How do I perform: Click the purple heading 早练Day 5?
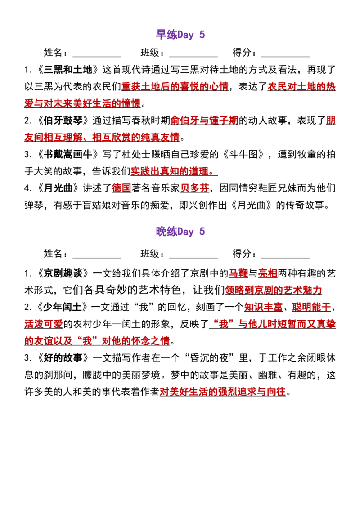[x=180, y=35]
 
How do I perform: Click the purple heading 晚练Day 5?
[x=180, y=232]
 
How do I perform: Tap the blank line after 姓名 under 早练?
[x=97, y=57]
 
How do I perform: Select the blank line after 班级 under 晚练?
[x=193, y=258]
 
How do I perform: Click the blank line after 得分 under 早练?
[x=286, y=57]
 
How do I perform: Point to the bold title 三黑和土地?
[x=68, y=69]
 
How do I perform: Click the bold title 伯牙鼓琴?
[x=63, y=121]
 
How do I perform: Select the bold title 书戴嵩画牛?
[x=68, y=154]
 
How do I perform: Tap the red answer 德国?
[x=121, y=188]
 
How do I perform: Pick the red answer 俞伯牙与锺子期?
[x=204, y=121]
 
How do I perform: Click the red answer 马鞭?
[x=238, y=273]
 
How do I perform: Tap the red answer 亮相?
[x=268, y=273]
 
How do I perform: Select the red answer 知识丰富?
[x=263, y=307]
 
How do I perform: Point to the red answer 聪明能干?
[x=311, y=307]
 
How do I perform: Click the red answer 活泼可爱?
[x=44, y=324]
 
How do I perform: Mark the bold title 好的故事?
[x=63, y=358]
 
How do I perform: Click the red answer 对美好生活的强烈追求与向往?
[x=223, y=392]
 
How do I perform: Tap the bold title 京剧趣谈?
[x=63, y=273]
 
